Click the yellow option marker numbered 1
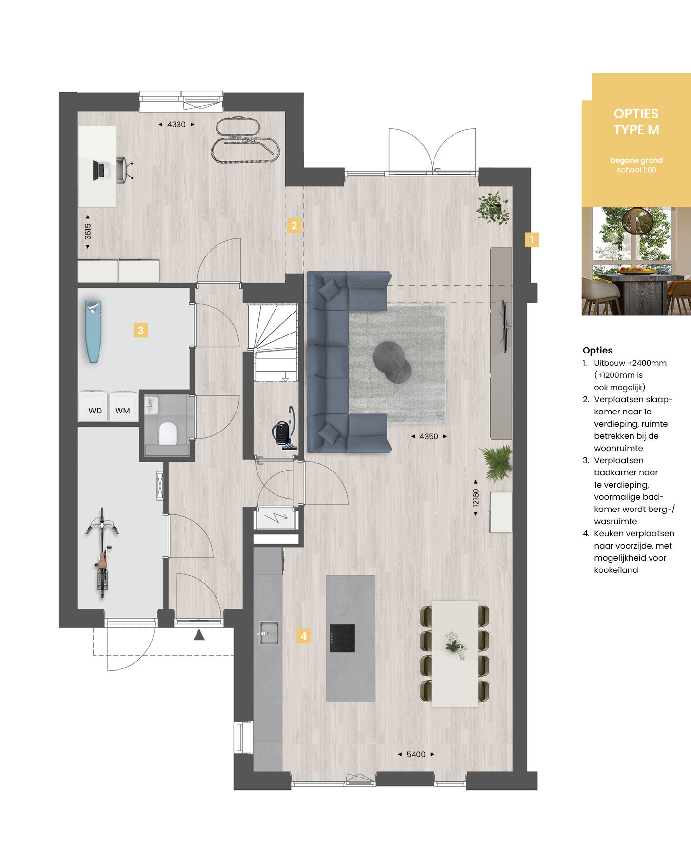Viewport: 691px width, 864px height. tap(532, 239)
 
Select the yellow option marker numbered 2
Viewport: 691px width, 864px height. tap(294, 225)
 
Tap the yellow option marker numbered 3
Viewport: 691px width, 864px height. tap(140, 330)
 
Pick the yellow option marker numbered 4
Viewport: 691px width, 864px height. tap(303, 636)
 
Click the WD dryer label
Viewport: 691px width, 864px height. tap(95, 411)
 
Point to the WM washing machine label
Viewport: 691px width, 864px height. tap(122, 411)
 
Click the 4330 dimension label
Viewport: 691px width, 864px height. tap(176, 124)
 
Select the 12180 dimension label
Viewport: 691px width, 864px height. tap(476, 498)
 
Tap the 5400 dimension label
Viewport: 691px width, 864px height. tap(416, 754)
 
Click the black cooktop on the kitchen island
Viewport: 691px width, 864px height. tap(342, 638)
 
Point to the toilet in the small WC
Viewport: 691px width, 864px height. tap(167, 433)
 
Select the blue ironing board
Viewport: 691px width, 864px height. tap(94, 331)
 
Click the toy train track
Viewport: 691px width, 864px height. tap(245, 139)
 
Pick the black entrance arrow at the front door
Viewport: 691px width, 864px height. tap(199, 635)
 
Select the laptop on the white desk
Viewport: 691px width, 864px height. tap(99, 170)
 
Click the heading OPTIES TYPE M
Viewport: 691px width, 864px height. tap(636, 121)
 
